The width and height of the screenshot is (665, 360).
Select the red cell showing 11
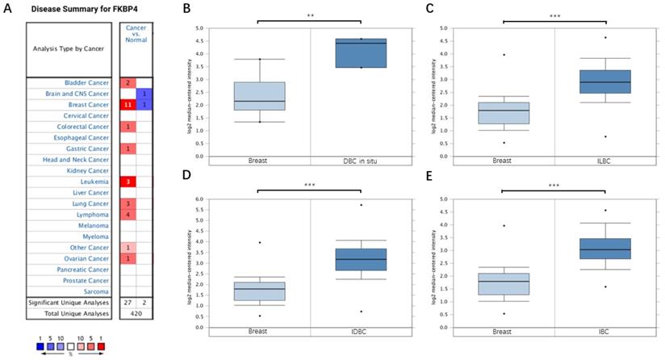coord(128,105)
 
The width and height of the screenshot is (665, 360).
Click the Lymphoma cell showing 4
coord(128,216)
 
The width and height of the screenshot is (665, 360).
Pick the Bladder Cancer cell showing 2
coord(128,82)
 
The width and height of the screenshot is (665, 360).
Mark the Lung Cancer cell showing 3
coord(128,204)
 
